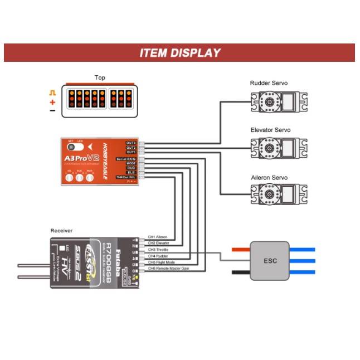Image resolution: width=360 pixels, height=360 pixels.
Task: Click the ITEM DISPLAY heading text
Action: click(179, 53)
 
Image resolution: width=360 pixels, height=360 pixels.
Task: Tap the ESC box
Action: click(270, 261)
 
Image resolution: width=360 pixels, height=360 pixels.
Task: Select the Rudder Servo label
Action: click(269, 83)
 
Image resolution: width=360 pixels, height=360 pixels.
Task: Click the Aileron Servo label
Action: click(269, 178)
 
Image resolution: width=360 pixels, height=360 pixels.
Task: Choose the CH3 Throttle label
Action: click(158, 250)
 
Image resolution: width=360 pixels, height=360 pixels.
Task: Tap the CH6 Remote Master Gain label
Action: click(169, 268)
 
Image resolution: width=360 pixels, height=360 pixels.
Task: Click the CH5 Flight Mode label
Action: click(162, 262)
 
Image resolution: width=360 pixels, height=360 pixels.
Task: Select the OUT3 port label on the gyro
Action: click(130, 143)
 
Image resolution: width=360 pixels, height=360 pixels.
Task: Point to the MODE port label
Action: click(130, 163)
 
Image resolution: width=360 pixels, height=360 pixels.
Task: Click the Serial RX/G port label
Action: click(127, 158)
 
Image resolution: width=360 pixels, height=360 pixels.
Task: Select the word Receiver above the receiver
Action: click(61, 230)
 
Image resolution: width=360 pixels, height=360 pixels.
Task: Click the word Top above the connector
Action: click(100, 78)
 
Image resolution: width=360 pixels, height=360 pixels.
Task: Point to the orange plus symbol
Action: click(52, 102)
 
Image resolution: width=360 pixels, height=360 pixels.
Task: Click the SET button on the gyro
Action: click(71, 145)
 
